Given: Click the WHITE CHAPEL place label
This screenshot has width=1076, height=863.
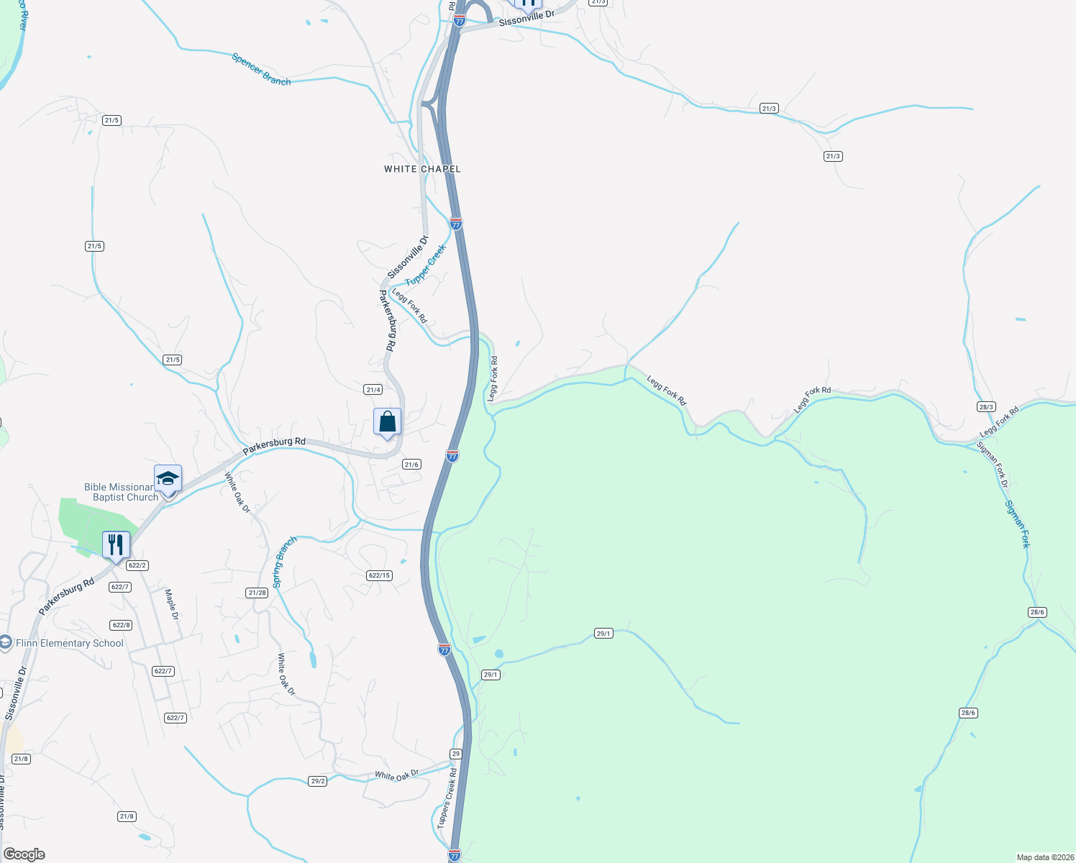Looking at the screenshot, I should pos(422,169).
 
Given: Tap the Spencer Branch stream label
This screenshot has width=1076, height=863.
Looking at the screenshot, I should pos(261,69).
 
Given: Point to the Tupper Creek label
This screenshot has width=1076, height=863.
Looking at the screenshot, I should pos(426,265).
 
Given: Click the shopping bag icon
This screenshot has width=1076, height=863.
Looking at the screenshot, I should pos(387,421).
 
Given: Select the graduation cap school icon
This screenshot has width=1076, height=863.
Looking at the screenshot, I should pos(168,479).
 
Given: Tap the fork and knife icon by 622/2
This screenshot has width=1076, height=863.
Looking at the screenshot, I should pos(116,545).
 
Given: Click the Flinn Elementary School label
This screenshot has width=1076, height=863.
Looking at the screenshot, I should pos(70,643).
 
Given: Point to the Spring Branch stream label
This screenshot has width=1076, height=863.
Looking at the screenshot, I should pos(284,562).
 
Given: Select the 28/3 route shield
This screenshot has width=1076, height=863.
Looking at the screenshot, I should pos(986,407).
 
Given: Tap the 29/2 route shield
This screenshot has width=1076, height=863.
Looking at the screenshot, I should pos(318,781).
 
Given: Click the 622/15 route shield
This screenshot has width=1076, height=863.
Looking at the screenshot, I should pos(379,575).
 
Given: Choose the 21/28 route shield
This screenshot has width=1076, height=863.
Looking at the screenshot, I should pos(257,593).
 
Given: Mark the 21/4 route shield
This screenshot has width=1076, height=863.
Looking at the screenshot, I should pos(373,390).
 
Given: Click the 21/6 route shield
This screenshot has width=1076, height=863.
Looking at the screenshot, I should pos(411,465).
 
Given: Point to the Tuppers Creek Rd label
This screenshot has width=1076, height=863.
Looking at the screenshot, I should pos(447,798).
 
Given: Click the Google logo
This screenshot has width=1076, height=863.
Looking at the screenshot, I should pos(24,854).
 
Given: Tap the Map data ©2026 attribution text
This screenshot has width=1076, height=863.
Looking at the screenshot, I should pos(1044,857).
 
